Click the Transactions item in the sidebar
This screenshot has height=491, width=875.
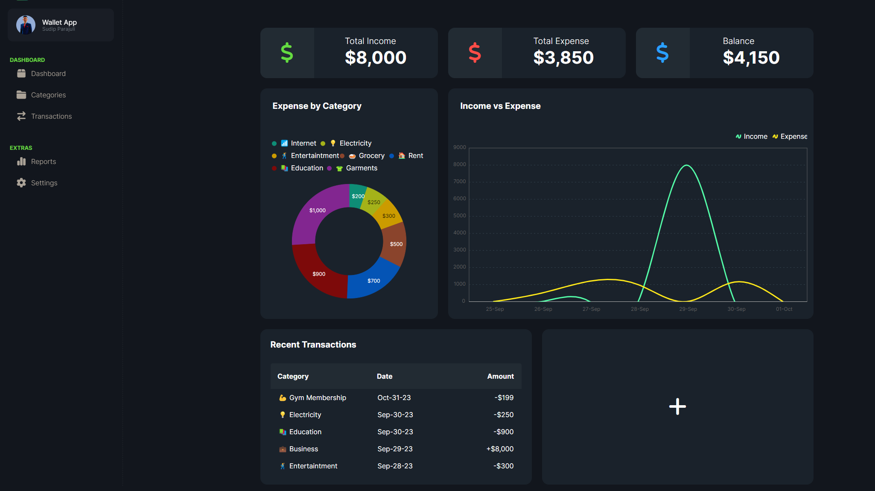pyautogui.click(x=51, y=116)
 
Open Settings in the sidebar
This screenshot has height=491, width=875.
pyautogui.click(x=44, y=183)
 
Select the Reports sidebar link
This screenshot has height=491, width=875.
pyautogui.click(x=43, y=161)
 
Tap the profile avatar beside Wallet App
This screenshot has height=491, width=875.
pyautogui.click(x=26, y=25)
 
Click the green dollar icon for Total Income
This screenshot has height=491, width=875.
pyautogui.click(x=287, y=53)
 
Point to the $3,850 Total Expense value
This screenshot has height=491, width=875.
pyautogui.click(x=563, y=58)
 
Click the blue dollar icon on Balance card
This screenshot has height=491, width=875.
pyautogui.click(x=662, y=53)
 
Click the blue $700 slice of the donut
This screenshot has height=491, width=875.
pyautogui.click(x=373, y=280)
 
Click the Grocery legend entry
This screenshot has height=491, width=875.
pyautogui.click(x=371, y=156)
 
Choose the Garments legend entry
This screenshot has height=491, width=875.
pyautogui.click(x=361, y=168)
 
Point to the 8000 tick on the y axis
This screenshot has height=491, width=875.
pyautogui.click(x=459, y=164)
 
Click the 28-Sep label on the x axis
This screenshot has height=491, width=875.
pyautogui.click(x=639, y=309)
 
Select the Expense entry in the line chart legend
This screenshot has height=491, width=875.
pyautogui.click(x=793, y=137)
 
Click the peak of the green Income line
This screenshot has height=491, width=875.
pyautogui.click(x=686, y=165)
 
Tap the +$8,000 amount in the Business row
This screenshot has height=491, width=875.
pyautogui.click(x=500, y=449)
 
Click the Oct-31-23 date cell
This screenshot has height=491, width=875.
pyautogui.click(x=394, y=397)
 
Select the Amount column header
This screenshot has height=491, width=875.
pyautogui.click(x=500, y=376)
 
